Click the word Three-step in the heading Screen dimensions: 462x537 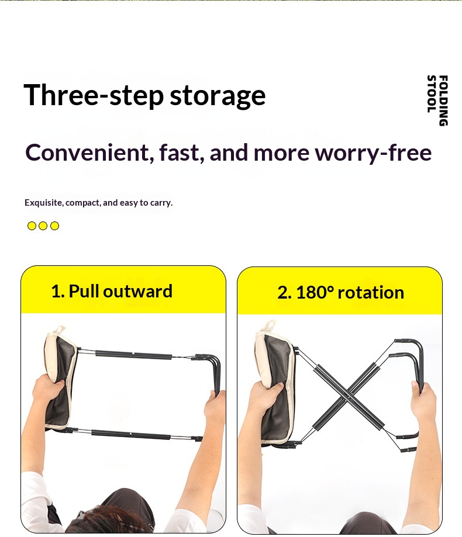tap(94, 95)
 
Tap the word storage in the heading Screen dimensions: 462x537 tap(218, 96)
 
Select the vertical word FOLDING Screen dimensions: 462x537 tap(443, 101)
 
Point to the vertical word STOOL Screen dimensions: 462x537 tap(432, 94)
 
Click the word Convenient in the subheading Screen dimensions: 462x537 tap(87, 153)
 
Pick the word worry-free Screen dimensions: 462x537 tap(373, 153)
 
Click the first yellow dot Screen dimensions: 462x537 tap(32, 226)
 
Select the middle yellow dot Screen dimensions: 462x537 tap(43, 226)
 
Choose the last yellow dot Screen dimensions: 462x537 tap(54, 226)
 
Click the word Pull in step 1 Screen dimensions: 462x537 tap(84, 291)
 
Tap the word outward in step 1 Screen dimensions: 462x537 tap(138, 291)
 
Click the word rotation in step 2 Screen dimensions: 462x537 tap(371, 293)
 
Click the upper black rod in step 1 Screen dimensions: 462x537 tap(134, 355)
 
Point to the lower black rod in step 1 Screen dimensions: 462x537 tap(131, 434)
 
